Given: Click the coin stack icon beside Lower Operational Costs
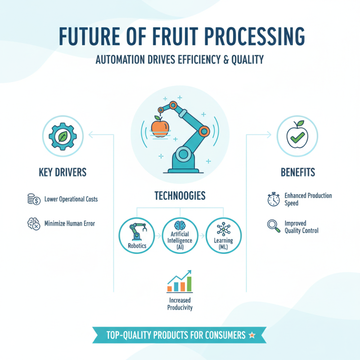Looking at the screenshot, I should (32, 199).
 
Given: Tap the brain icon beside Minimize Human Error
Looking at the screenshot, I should (32, 223).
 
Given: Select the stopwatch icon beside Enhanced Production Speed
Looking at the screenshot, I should (273, 200).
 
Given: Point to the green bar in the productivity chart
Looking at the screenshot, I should (189, 283).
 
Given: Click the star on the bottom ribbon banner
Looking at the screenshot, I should (252, 335).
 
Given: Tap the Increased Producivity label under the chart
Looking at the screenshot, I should (180, 304).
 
